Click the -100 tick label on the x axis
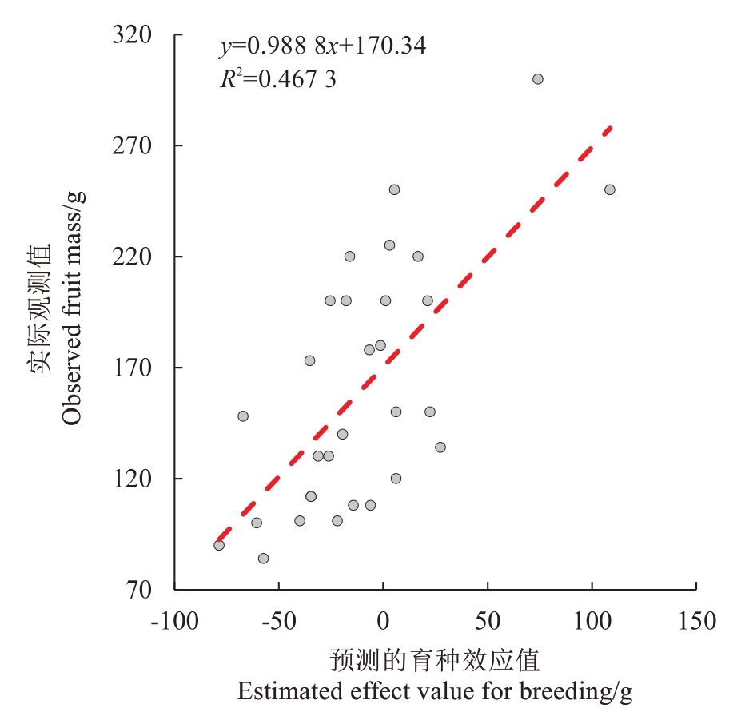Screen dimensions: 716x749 point(175,620)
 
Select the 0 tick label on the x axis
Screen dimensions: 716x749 point(383,620)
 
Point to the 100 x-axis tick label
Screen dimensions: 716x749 point(592,620)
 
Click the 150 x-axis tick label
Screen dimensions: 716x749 point(695,620)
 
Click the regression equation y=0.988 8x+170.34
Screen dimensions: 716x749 point(323,46)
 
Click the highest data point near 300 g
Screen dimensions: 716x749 point(538,79)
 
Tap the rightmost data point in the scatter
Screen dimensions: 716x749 point(610,189)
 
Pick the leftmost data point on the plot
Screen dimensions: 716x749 point(219,545)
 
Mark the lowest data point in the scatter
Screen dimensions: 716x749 point(263,559)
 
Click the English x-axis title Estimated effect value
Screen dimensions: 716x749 point(435,691)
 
